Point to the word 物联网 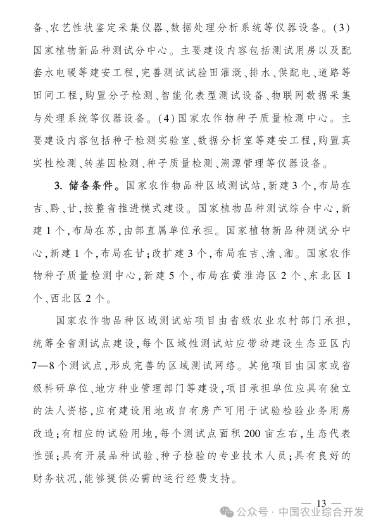(x=284, y=96)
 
